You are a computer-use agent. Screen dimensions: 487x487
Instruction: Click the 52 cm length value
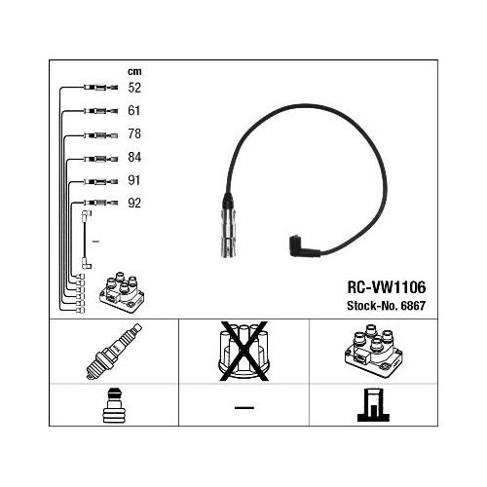click(x=134, y=88)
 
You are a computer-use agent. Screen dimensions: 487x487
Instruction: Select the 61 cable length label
click(x=134, y=111)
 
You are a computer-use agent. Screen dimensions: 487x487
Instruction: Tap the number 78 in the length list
click(x=134, y=133)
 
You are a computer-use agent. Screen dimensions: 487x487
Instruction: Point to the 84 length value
click(x=134, y=157)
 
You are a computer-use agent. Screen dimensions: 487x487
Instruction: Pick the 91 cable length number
click(x=134, y=180)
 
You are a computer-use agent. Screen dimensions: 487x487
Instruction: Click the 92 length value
click(x=134, y=204)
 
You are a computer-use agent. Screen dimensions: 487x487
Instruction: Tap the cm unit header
click(x=134, y=71)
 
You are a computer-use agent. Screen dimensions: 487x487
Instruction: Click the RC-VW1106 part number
click(x=387, y=287)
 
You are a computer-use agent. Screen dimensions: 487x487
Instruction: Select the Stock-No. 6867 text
click(x=386, y=306)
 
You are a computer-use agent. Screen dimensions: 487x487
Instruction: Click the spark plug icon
click(x=114, y=351)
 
